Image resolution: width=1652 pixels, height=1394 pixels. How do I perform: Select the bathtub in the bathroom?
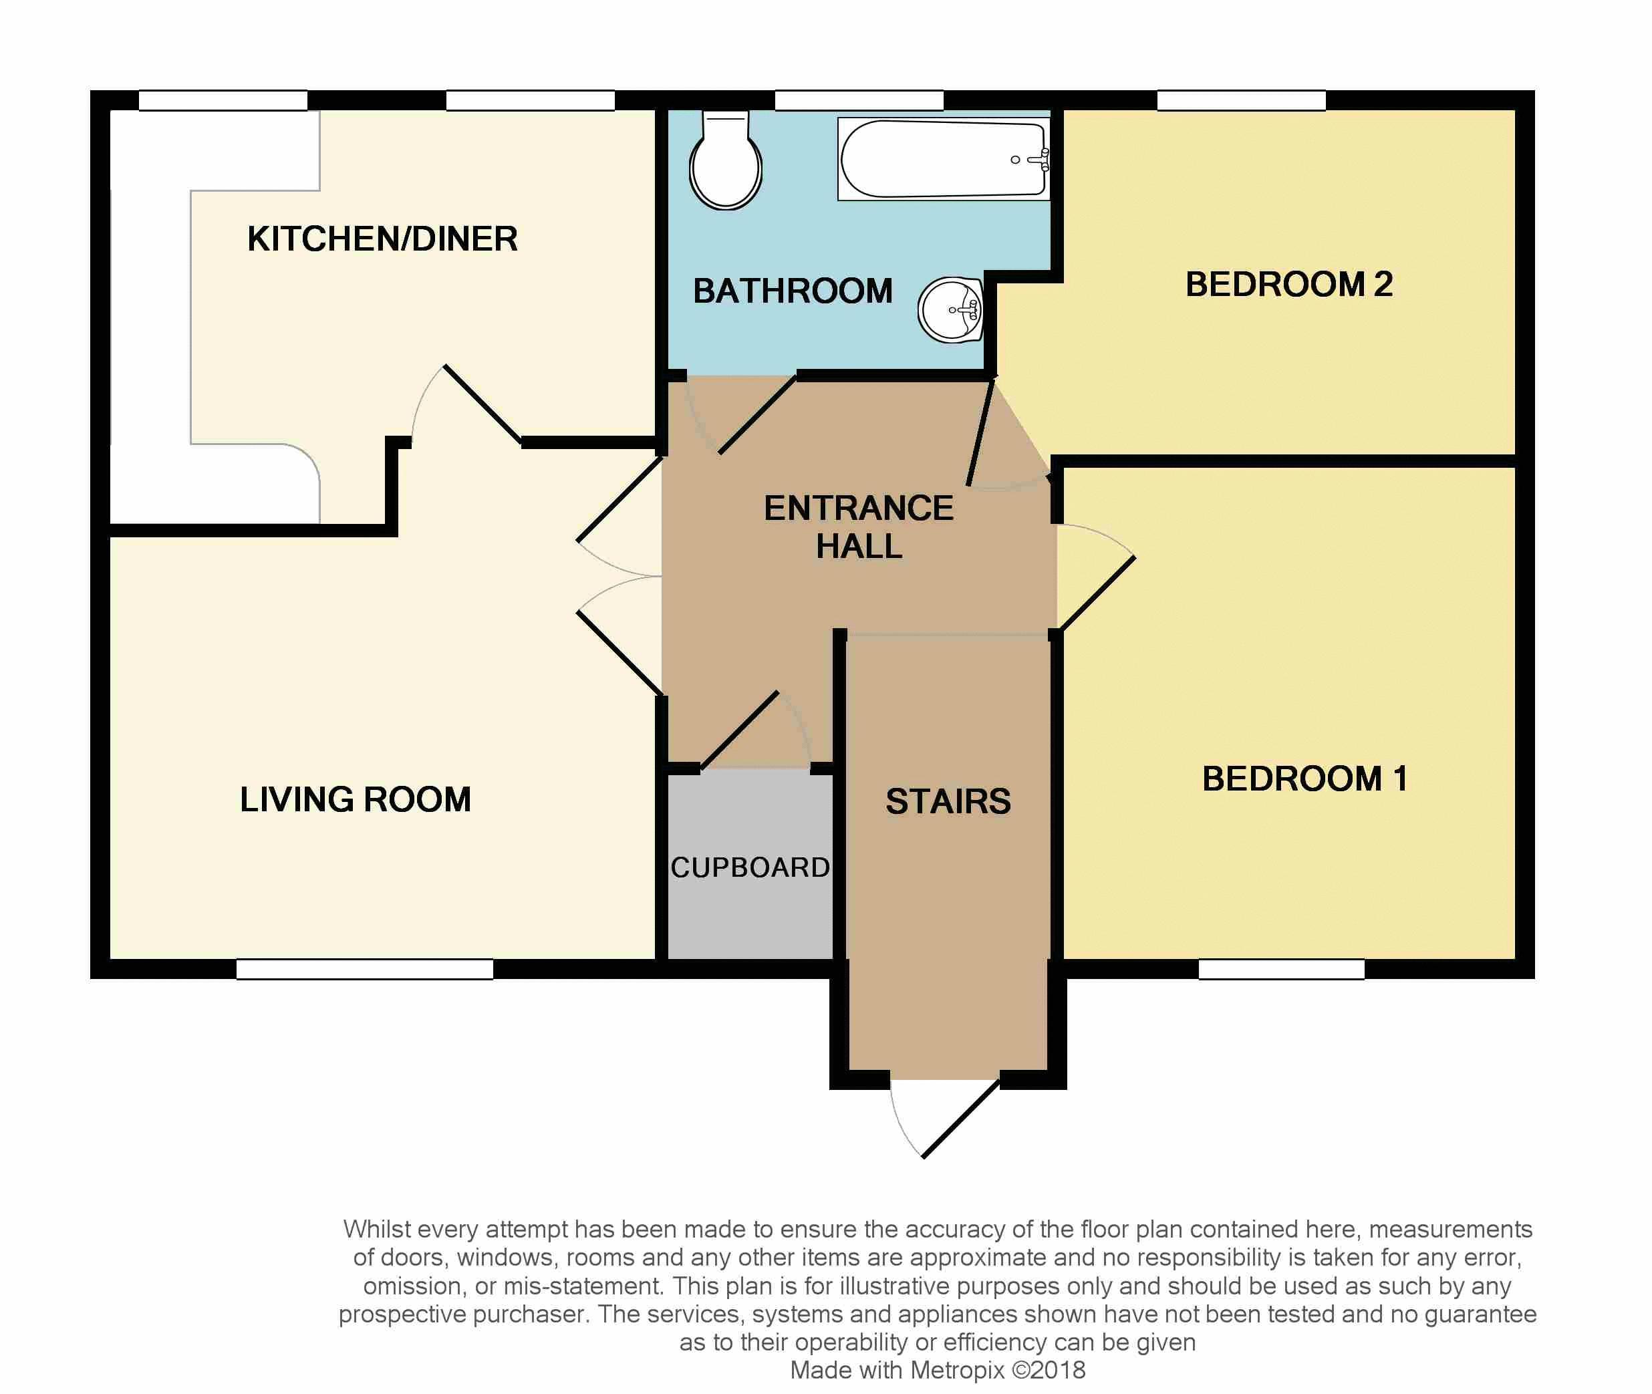944,159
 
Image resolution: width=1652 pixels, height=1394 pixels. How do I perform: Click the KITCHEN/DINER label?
382,239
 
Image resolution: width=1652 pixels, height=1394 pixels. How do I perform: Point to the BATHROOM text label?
793,291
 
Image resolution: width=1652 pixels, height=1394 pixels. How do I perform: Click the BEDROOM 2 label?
1288,285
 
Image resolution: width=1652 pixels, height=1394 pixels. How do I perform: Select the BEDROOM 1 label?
1304,779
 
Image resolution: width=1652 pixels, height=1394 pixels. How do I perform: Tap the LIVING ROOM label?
356,799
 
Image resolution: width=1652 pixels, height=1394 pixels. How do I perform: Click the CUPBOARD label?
750,867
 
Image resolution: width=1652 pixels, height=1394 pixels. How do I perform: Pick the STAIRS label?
948,801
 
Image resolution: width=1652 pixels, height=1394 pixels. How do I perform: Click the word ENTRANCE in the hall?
859,508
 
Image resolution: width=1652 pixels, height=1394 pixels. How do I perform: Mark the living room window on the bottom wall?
364,969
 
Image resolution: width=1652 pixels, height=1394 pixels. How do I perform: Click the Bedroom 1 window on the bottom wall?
1282,969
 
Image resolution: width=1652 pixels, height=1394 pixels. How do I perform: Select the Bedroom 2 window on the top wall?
1241,100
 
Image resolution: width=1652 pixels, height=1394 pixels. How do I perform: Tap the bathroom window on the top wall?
859,100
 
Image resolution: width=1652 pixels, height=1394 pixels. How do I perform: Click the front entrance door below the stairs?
961,1118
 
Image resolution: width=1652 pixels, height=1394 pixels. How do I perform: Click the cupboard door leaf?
740,730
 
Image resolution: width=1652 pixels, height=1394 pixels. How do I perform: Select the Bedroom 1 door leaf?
1097,593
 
